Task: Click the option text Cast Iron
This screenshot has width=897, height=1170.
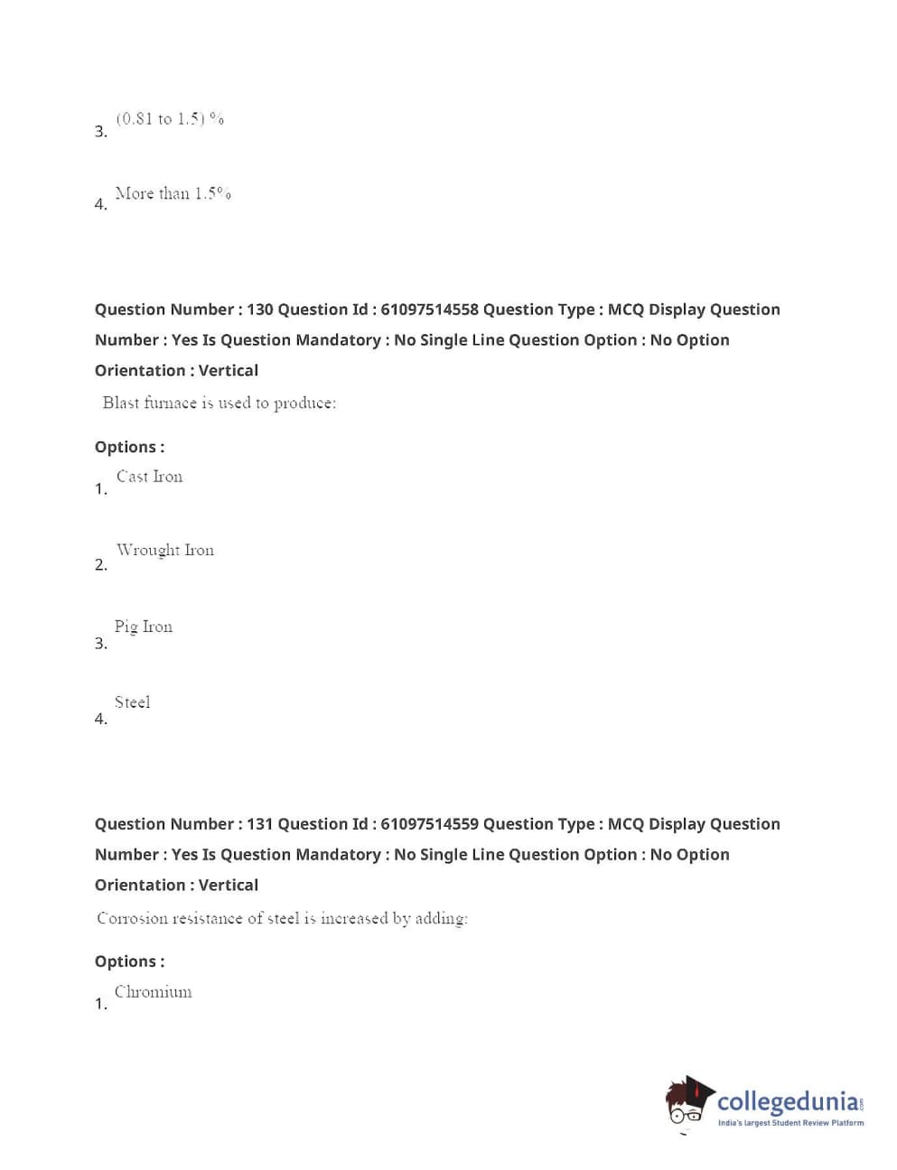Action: [x=149, y=477]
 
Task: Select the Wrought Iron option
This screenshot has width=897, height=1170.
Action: [x=164, y=550]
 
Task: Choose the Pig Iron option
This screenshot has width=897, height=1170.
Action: [x=143, y=627]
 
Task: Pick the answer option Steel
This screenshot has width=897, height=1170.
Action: [x=132, y=702]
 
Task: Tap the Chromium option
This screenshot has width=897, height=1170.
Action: [x=153, y=992]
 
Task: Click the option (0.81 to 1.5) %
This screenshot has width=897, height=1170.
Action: [x=170, y=118]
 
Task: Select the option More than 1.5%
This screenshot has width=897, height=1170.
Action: [x=173, y=193]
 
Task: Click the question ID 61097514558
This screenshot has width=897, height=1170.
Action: [x=429, y=310]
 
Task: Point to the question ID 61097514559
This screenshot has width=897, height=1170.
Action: [x=429, y=824]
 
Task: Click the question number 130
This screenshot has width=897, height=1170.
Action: [x=259, y=310]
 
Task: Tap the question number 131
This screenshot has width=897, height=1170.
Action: [x=259, y=824]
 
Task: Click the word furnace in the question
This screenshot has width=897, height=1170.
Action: [x=170, y=404]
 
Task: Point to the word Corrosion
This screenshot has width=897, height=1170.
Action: [x=132, y=918]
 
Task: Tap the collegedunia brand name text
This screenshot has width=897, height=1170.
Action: [x=788, y=1101]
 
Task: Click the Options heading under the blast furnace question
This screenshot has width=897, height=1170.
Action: [x=129, y=447]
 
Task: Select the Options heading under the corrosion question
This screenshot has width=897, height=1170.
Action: [x=129, y=961]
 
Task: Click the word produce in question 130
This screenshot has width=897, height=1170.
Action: [x=304, y=404]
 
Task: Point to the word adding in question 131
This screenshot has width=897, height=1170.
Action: [x=441, y=919]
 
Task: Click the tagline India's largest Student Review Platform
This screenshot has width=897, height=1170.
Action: [x=790, y=1123]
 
